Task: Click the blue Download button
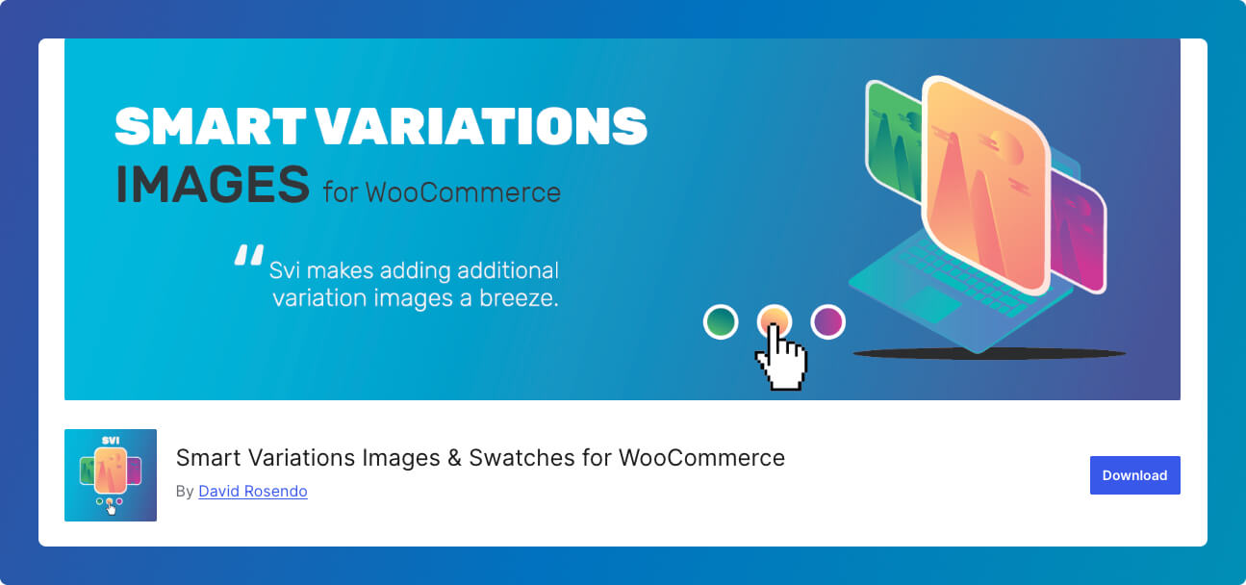[x=1134, y=475]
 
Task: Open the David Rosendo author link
[x=252, y=491]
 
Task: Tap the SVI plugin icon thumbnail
[x=110, y=475]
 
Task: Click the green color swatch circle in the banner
[x=721, y=321]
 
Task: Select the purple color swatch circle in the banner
[x=827, y=321]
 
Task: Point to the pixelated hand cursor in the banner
[x=781, y=359]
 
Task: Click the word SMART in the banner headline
[x=211, y=126]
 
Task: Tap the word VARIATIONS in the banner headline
[x=482, y=126]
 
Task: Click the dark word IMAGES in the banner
[x=212, y=184]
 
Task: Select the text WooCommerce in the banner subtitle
[x=463, y=192]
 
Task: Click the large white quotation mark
[x=248, y=255]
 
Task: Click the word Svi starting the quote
[x=285, y=270]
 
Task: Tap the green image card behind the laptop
[x=893, y=141]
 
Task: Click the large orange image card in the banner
[x=985, y=184]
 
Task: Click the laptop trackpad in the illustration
[x=931, y=304]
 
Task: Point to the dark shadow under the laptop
[x=989, y=353]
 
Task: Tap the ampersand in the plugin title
[x=454, y=458]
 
